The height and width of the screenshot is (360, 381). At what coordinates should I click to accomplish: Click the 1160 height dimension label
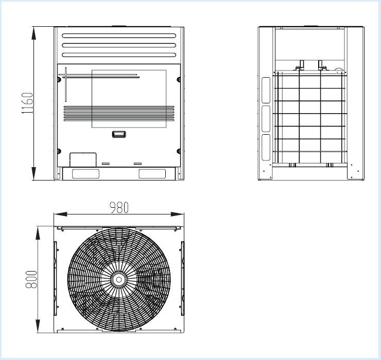point(27,103)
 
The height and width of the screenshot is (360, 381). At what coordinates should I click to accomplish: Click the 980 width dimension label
point(119,208)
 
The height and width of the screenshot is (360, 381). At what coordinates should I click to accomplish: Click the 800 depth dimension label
point(31,279)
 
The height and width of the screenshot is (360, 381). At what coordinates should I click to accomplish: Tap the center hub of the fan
point(119,280)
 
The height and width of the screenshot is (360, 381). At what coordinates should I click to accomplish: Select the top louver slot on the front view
point(119,35)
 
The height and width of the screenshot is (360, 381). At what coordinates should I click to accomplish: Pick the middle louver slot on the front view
point(119,45)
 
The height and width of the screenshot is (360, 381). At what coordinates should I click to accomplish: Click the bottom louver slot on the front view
point(119,55)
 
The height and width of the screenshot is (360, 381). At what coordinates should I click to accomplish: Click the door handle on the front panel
point(119,134)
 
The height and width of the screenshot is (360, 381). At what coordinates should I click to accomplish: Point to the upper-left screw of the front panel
point(59,79)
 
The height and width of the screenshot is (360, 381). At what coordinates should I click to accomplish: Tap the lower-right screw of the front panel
point(179,151)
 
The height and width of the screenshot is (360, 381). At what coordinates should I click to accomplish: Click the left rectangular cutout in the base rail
point(85,174)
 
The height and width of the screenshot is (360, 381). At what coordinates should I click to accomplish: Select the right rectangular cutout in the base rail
point(152,174)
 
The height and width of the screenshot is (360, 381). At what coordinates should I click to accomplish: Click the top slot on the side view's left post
point(266,90)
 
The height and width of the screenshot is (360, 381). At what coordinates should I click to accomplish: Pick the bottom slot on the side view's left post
point(266,148)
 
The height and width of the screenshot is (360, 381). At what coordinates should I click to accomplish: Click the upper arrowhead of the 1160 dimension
point(34,33)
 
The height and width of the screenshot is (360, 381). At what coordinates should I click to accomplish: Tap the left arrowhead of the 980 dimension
point(61,214)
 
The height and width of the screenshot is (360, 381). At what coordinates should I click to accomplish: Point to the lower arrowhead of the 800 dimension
point(38,326)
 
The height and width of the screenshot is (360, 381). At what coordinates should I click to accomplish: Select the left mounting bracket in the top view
point(55,278)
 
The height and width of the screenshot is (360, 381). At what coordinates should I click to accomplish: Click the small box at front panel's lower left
point(83,159)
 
